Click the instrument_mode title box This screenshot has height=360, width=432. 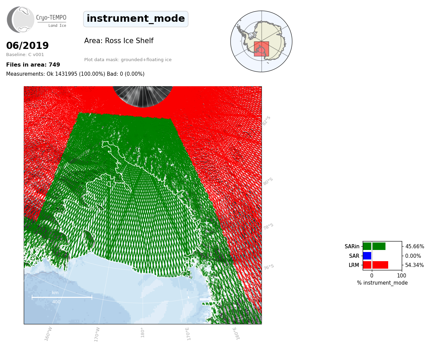(x=136, y=19)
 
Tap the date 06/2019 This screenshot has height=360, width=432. (x=27, y=46)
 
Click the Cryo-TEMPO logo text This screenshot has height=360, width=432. (x=51, y=18)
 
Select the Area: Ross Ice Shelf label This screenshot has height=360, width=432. (x=119, y=41)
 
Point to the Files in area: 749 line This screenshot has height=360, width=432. (x=33, y=65)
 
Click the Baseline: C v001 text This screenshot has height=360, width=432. (x=25, y=55)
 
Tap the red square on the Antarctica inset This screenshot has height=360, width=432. (x=261, y=49)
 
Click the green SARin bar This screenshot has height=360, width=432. (x=374, y=246)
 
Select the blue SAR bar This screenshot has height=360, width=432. (x=367, y=256)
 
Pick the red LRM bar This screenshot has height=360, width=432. (x=376, y=265)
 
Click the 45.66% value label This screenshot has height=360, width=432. (x=415, y=247)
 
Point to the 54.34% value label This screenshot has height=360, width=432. (x=414, y=265)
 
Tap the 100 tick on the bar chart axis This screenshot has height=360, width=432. (x=401, y=275)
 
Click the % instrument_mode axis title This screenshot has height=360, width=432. (x=382, y=283)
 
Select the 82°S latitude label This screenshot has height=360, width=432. (x=266, y=121)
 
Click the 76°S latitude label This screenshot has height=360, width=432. (x=269, y=267)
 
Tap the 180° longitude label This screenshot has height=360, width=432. (x=142, y=332)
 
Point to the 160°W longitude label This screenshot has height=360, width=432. (x=48, y=334)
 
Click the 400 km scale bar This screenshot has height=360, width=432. (x=62, y=297)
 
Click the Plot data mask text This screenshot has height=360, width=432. (x=128, y=60)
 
